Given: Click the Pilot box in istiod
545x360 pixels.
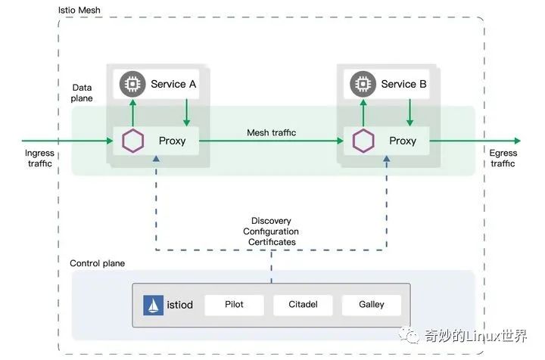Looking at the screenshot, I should (234, 305).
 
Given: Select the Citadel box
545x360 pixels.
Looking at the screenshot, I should (303, 305).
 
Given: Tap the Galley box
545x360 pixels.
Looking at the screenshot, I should (372, 305).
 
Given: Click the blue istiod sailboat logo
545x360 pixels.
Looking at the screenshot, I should (154, 305).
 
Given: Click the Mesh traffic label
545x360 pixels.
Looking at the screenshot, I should (271, 132).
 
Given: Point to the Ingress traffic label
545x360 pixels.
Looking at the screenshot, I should (39, 158).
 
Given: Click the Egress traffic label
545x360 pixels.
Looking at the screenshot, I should (503, 158).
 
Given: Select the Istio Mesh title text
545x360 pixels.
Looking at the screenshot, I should (79, 13).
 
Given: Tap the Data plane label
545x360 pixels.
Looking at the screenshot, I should (82, 93).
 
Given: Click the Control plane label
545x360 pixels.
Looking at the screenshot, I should (97, 263).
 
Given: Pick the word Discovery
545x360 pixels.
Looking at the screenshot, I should (271, 221).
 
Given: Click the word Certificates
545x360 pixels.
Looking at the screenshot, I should (271, 242).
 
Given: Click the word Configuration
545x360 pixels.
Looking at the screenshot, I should (271, 231).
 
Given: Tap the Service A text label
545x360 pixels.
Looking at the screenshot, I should (173, 84).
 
